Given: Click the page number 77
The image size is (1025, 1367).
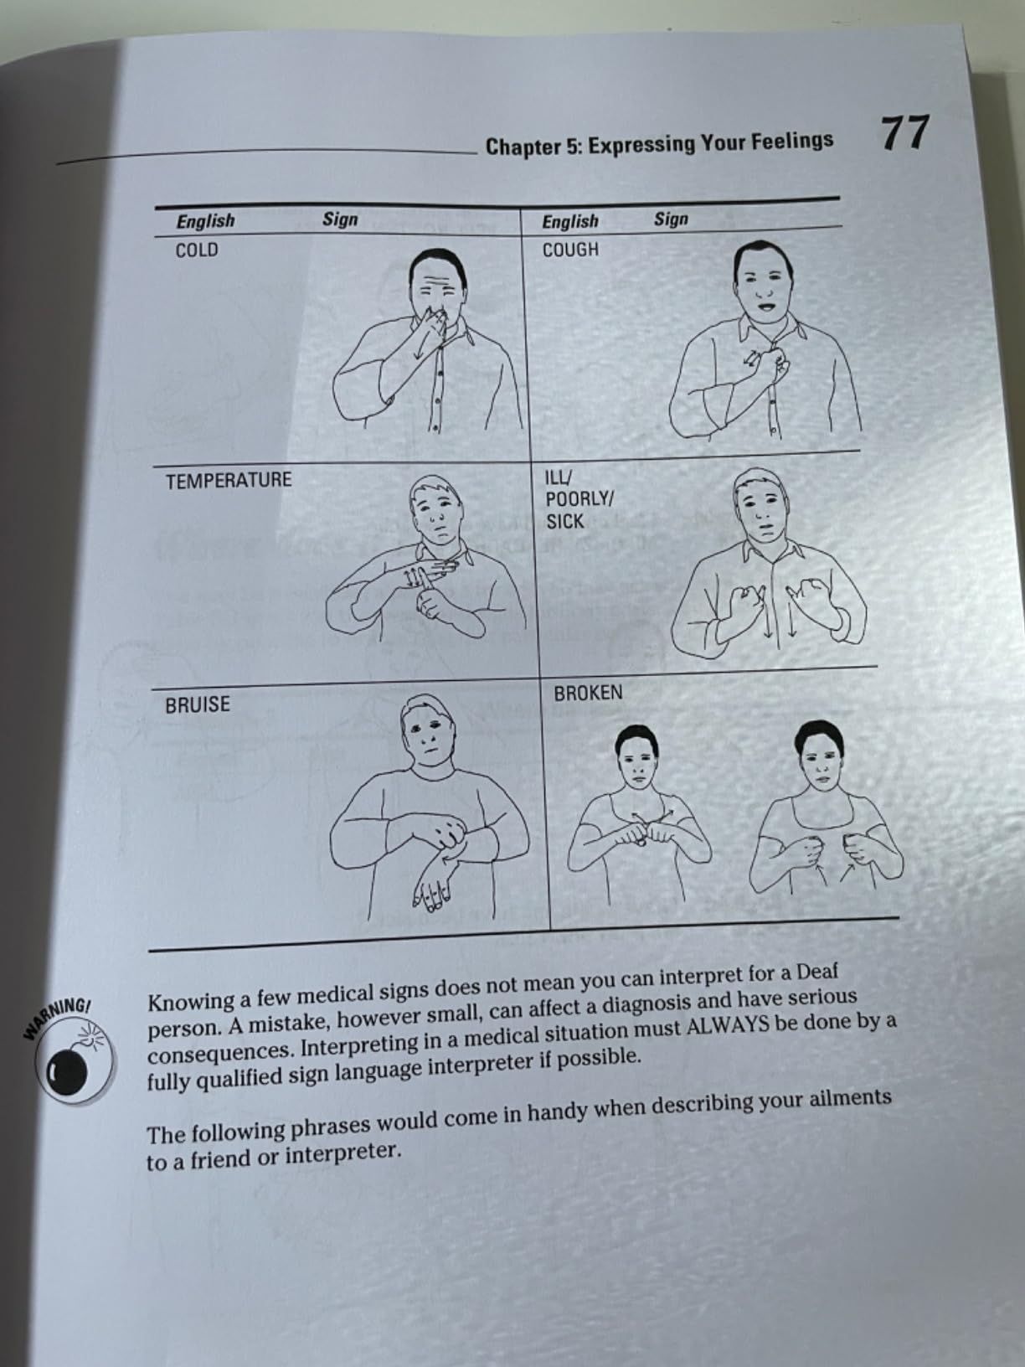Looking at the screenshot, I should (x=904, y=133).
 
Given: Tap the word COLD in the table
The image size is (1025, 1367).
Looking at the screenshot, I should (x=197, y=250).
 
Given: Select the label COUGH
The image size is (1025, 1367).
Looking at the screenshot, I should (x=570, y=250).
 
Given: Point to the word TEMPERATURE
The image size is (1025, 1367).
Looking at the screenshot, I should (x=229, y=481).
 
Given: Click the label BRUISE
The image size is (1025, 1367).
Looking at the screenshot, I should (x=198, y=705).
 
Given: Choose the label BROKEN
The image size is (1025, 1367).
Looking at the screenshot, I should (x=588, y=694).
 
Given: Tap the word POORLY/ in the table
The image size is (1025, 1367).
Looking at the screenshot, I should (x=579, y=499).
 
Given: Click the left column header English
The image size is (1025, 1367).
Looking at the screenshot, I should (x=205, y=221).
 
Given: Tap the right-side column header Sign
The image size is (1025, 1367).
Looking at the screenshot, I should (x=671, y=219).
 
